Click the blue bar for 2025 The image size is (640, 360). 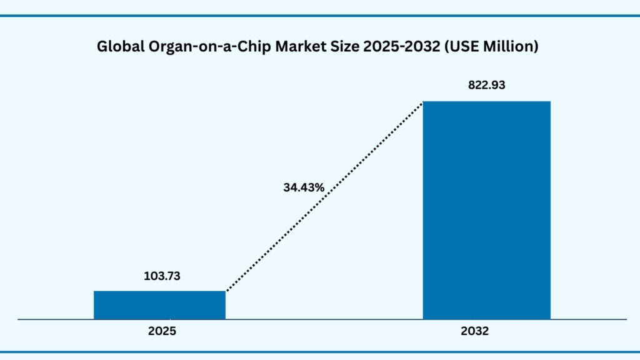[159, 305]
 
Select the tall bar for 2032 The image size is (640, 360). [487, 210]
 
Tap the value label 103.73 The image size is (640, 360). [159, 276]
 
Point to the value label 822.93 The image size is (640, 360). [487, 86]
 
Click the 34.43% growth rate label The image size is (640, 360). [303, 187]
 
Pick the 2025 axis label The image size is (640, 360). [162, 332]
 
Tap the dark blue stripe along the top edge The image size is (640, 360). [320, 16]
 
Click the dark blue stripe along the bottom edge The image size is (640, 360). [320, 351]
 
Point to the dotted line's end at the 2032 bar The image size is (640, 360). [422, 103]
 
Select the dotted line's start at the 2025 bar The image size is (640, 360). [227, 290]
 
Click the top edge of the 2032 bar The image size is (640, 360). [487, 102]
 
